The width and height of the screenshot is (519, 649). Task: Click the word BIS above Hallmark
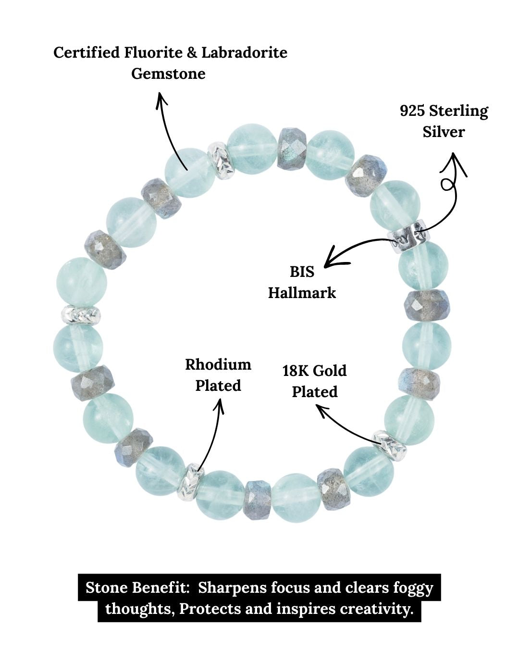[x=302, y=272]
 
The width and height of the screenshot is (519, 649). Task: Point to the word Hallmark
[x=302, y=293]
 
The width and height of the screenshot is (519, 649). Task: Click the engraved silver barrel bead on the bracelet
[x=408, y=236]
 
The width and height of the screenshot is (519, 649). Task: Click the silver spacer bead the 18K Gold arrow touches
[x=390, y=445]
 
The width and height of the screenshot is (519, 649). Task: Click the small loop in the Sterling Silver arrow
[x=448, y=185]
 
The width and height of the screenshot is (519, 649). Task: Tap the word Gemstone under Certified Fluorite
[x=168, y=74]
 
